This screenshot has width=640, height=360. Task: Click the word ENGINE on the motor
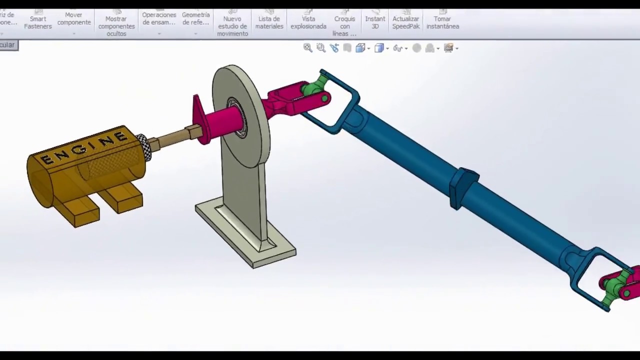tap(84, 148)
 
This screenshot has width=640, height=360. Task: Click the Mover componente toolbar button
tap(74, 19)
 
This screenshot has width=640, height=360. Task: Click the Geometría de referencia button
tap(195, 19)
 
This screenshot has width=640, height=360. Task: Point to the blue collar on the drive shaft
tap(465, 187)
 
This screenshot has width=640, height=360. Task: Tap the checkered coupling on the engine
tap(143, 146)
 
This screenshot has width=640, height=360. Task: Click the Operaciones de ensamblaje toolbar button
tap(159, 19)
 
